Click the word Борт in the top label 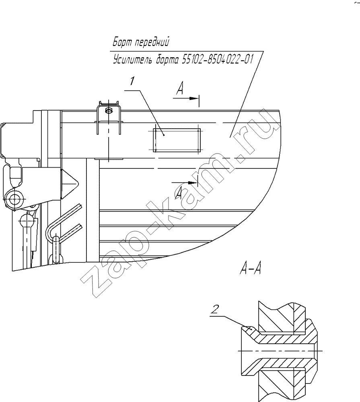click(123, 42)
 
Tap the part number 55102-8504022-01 click(217, 60)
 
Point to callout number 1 click(132, 82)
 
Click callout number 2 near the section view click(215, 310)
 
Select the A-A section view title click(251, 269)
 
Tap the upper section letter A click(180, 89)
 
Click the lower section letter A click(179, 193)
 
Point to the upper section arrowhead click(194, 98)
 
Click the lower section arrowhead click(193, 183)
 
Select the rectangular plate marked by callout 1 click(177, 140)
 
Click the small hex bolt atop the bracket click(109, 110)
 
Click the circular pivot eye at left click(14, 199)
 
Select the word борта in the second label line click(164, 60)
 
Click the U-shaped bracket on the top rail click(109, 117)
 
